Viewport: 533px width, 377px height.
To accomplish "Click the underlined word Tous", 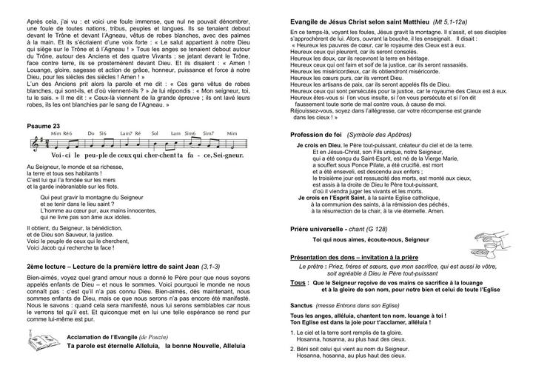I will click(299, 282).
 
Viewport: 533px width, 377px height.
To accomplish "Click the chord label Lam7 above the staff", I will click(127, 133).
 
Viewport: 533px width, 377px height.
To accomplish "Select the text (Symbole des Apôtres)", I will click(385, 135).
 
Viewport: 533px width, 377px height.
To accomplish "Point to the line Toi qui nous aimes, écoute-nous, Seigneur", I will click(376, 241).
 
